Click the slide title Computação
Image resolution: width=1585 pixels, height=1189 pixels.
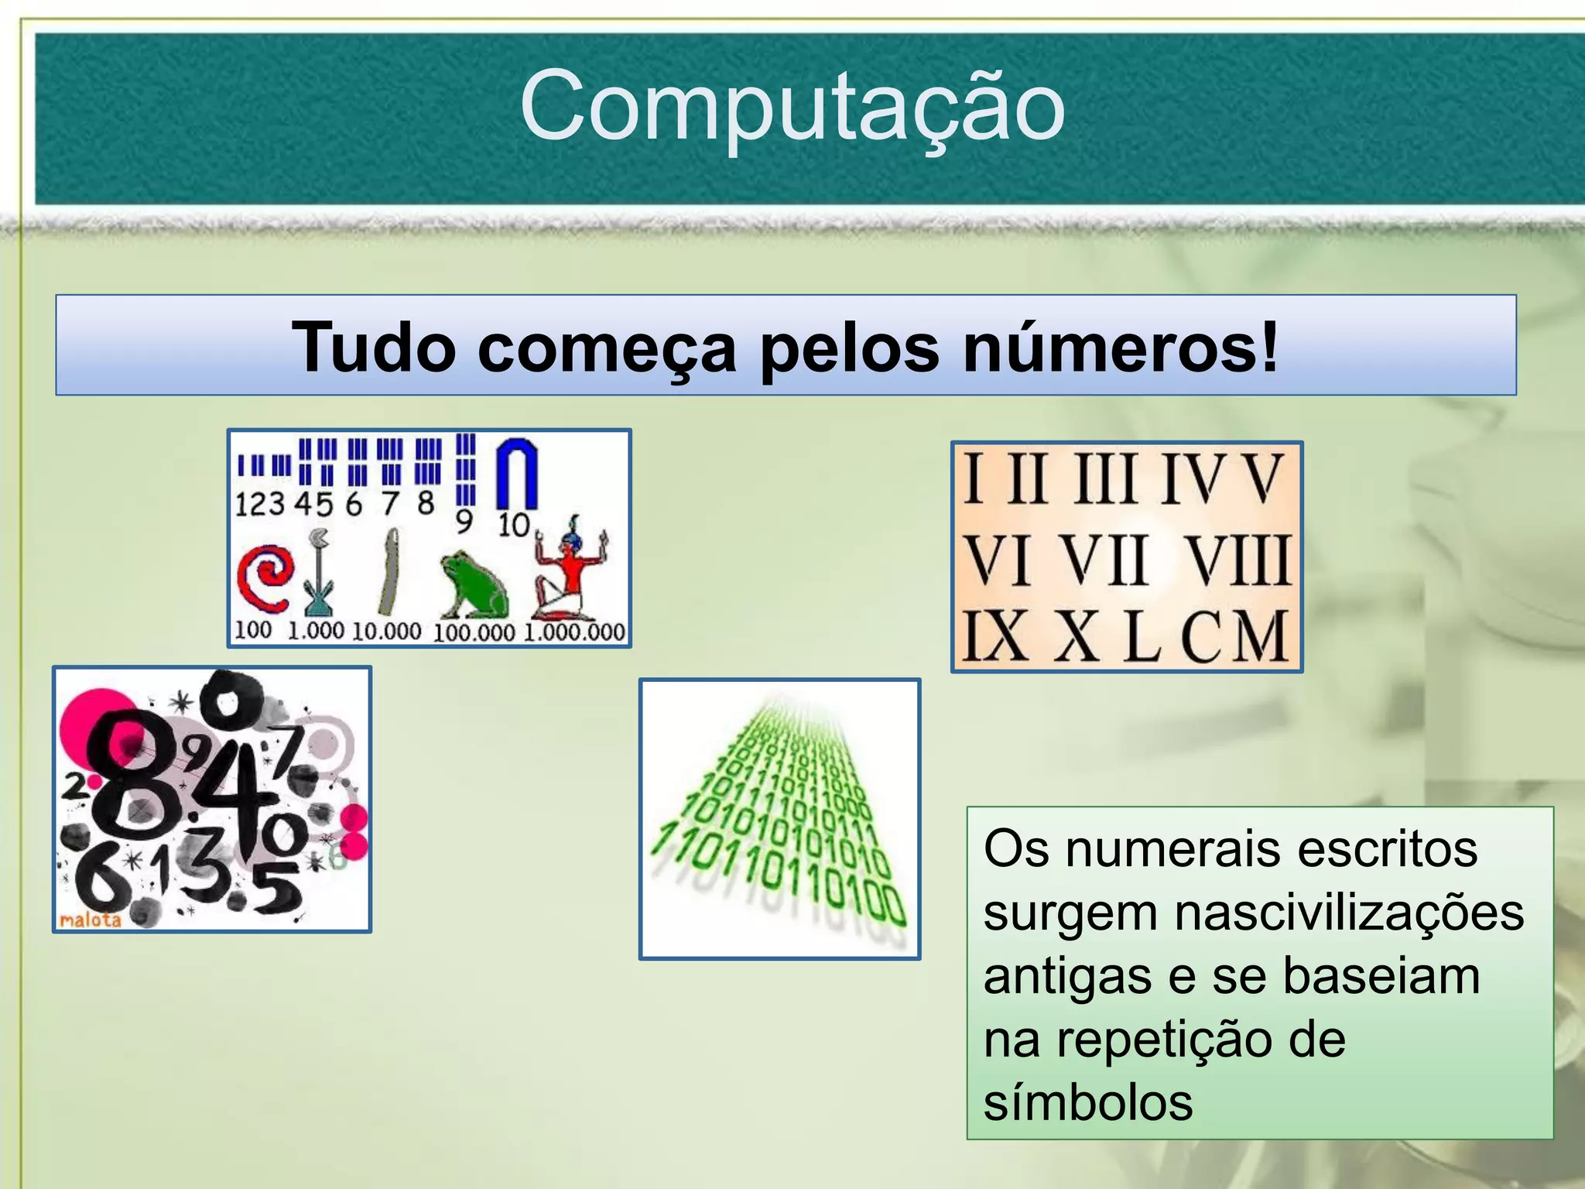792,107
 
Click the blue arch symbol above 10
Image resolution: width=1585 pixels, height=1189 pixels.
516,472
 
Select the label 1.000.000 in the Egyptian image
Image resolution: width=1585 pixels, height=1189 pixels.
574,632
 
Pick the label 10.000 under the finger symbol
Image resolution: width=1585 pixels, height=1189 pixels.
386,631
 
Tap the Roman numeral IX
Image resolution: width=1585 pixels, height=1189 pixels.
995,636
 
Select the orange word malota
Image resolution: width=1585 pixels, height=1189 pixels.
91,920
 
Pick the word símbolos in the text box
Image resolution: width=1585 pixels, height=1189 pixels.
1088,1102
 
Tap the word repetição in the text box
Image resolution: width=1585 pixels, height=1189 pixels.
1163,1039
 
